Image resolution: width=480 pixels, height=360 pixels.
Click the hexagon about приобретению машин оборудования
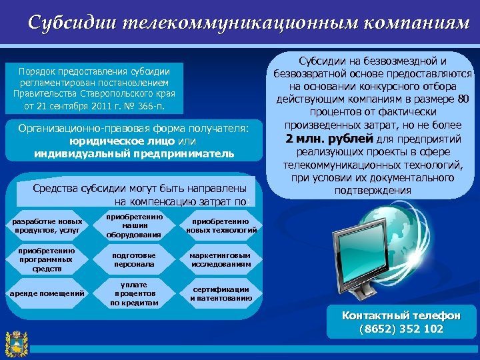pyautogui.click(x=134, y=226)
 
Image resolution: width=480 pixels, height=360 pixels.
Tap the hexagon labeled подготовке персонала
pyautogui.click(x=134, y=260)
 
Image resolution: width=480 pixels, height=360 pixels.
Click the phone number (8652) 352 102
pyautogui.click(x=401, y=329)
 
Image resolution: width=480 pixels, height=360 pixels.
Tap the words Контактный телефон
pyautogui.click(x=401, y=316)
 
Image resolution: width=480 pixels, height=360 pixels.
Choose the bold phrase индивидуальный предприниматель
pyautogui.click(x=134, y=154)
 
